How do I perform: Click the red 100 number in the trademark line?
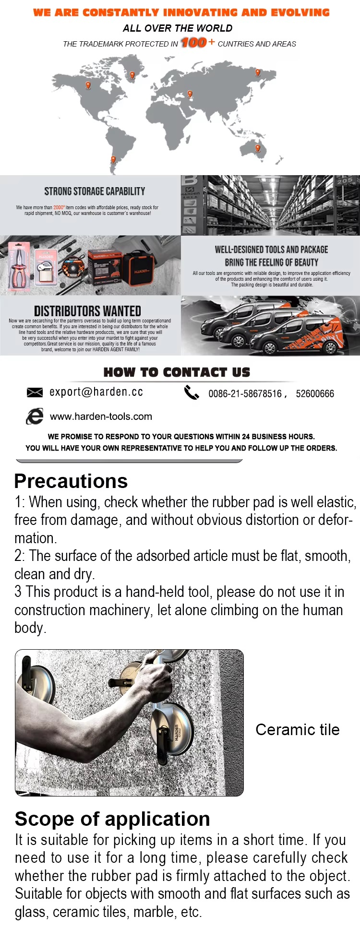pyautogui.click(x=194, y=43)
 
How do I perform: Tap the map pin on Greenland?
pyautogui.click(x=132, y=75)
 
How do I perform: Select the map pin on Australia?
pyautogui.click(x=258, y=148)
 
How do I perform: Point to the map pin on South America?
pyautogui.click(x=113, y=159)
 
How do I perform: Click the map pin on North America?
pyautogui.click(x=88, y=85)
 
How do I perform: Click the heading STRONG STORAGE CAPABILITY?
pyautogui.click(x=95, y=191)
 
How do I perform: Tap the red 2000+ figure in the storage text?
pyautogui.click(x=59, y=207)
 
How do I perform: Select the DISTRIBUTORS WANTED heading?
pyautogui.click(x=87, y=311)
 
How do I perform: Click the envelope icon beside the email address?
pyautogui.click(x=35, y=393)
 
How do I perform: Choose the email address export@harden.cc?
pyautogui.click(x=96, y=392)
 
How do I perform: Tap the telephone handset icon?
pyautogui.click(x=192, y=393)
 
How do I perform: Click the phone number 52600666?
pyautogui.click(x=315, y=394)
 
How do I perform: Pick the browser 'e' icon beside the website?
pyautogui.click(x=35, y=416)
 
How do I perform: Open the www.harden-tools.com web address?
pyautogui.click(x=101, y=416)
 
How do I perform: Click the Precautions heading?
pyautogui.click(x=71, y=481)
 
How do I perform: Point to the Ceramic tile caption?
pyautogui.click(x=297, y=730)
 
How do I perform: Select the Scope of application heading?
pyautogui.click(x=112, y=819)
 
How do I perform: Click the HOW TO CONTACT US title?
pyautogui.click(x=177, y=372)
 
